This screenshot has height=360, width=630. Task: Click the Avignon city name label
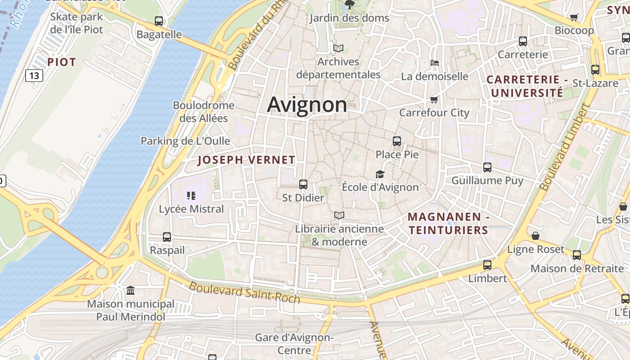click(x=307, y=105)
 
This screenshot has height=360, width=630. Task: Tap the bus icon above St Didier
click(x=303, y=184)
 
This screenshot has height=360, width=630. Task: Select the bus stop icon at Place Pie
click(x=397, y=141)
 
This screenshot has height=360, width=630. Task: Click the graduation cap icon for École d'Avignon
click(x=380, y=174)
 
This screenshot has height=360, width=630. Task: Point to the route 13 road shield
click(x=34, y=76)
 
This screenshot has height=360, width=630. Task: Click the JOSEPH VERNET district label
click(x=246, y=160)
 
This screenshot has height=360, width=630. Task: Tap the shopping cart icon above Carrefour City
click(x=434, y=99)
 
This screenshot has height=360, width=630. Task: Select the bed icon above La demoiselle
click(x=435, y=63)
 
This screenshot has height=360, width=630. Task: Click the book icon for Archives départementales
click(x=338, y=48)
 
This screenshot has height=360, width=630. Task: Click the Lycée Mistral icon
click(x=191, y=195)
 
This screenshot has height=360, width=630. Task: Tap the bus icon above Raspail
click(x=167, y=237)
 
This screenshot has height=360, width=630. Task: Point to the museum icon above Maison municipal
click(x=130, y=291)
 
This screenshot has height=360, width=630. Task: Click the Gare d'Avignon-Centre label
click(x=294, y=344)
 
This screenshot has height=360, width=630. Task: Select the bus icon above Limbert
click(x=487, y=265)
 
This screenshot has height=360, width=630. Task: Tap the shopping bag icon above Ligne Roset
click(x=535, y=236)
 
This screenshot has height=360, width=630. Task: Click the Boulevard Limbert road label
click(x=564, y=147)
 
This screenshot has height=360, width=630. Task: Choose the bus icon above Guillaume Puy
click(x=487, y=167)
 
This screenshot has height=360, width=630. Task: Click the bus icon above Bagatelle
click(x=159, y=21)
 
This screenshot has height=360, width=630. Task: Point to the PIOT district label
click(x=62, y=62)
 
